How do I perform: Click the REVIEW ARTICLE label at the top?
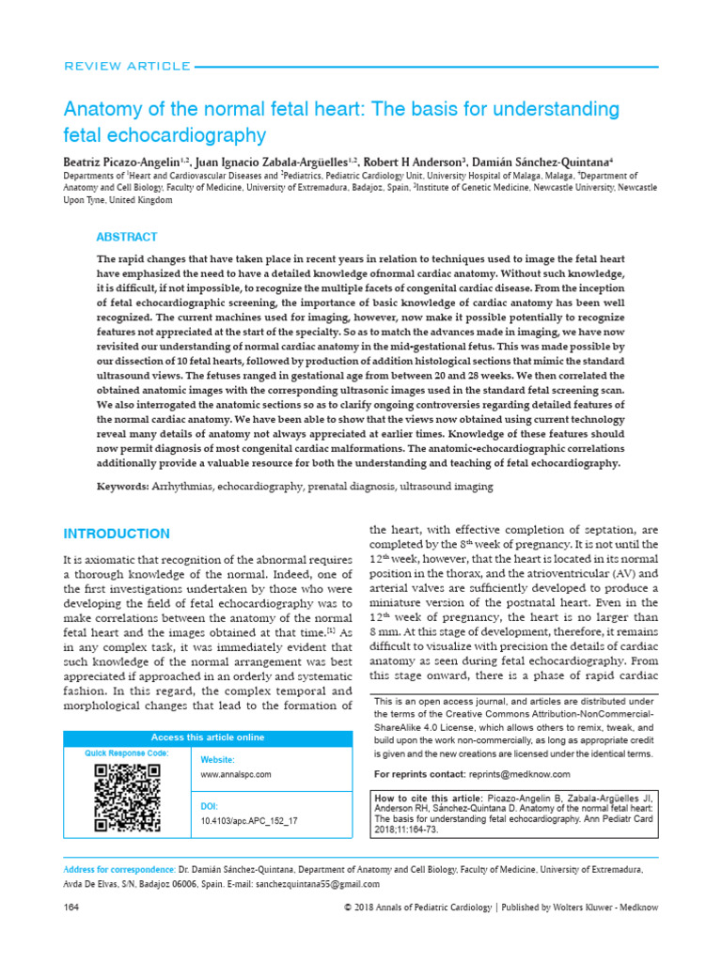coord(126,66)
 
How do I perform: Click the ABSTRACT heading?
coord(127,237)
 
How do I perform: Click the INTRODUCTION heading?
coord(116,534)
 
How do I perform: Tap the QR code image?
coord(127,799)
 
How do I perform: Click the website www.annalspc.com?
coord(236,774)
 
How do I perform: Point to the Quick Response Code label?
coord(127,753)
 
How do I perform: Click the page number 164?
coord(70,908)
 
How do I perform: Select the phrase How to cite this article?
coord(421,798)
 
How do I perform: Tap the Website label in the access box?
coord(218,759)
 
